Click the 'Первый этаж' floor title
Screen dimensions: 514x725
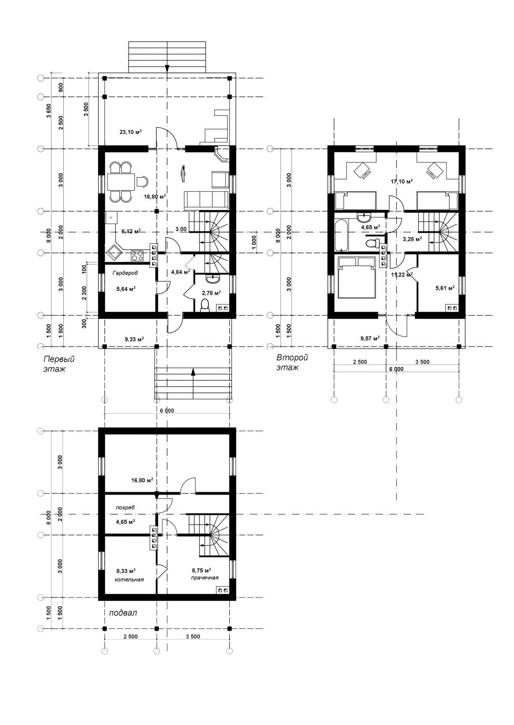coord(59,364)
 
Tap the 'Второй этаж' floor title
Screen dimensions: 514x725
coord(292,363)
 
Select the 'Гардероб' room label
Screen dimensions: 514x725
coord(125,273)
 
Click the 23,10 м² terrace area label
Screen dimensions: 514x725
coord(131,132)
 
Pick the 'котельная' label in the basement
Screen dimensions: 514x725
coord(129,579)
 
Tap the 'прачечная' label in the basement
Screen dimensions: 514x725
coord(205,577)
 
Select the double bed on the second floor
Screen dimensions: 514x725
coord(356,277)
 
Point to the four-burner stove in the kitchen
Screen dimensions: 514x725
coord(137,256)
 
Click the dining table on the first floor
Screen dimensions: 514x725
coord(121,182)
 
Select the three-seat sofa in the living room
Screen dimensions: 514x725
coord(206,201)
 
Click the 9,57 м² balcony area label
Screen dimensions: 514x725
coord(370,338)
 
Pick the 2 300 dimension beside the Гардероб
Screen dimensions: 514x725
coord(84,293)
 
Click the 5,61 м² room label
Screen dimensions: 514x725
coord(445,288)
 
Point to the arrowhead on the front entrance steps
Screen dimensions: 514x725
coord(193,372)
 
